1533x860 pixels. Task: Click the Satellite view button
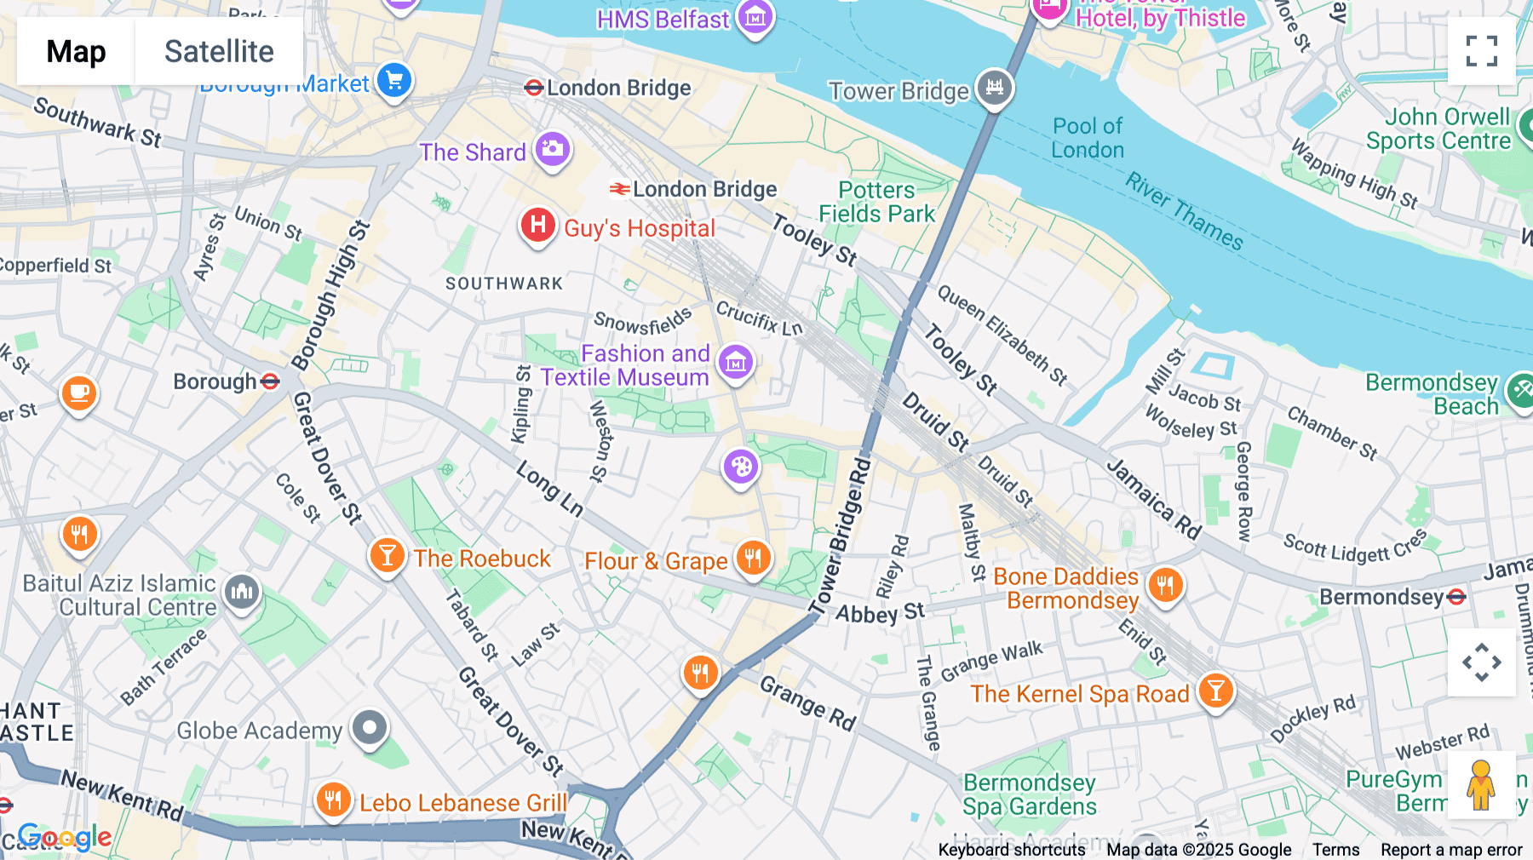tap(219, 51)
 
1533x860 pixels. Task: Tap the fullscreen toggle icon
tap(1481, 51)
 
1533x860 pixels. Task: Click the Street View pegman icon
tap(1481, 785)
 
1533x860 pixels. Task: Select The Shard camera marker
tap(552, 150)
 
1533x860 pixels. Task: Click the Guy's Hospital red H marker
tap(538, 226)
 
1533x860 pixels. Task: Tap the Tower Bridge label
tap(899, 91)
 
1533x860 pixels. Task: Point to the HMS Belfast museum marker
tap(755, 18)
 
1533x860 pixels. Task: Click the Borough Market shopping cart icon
tap(393, 82)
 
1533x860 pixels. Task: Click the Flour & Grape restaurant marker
tap(753, 559)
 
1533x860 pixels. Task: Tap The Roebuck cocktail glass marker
tap(387, 556)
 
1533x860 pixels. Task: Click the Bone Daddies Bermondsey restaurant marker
tap(1165, 585)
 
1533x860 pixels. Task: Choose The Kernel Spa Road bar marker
tap(1215, 691)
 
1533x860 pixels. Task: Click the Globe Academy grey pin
tap(370, 728)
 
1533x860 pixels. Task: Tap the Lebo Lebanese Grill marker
tap(333, 800)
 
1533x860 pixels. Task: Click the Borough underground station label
tap(215, 381)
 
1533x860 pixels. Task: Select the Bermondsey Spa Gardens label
tap(1029, 794)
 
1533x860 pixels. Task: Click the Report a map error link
tap(1450, 849)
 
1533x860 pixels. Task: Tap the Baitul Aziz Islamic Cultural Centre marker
tap(242, 591)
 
